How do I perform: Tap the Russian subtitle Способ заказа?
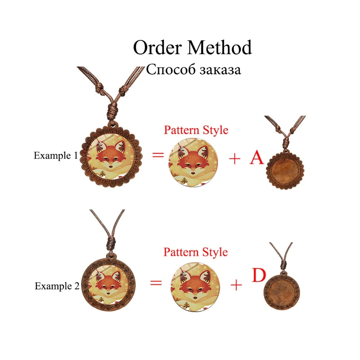coord(193,69)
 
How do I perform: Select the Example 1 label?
coord(55,156)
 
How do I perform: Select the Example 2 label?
coord(57,286)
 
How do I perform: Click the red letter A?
coord(257,157)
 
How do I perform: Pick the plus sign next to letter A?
coord(235,159)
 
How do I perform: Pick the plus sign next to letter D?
coord(236,285)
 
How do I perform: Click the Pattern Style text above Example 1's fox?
coord(196,130)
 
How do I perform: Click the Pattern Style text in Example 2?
coord(195,252)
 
